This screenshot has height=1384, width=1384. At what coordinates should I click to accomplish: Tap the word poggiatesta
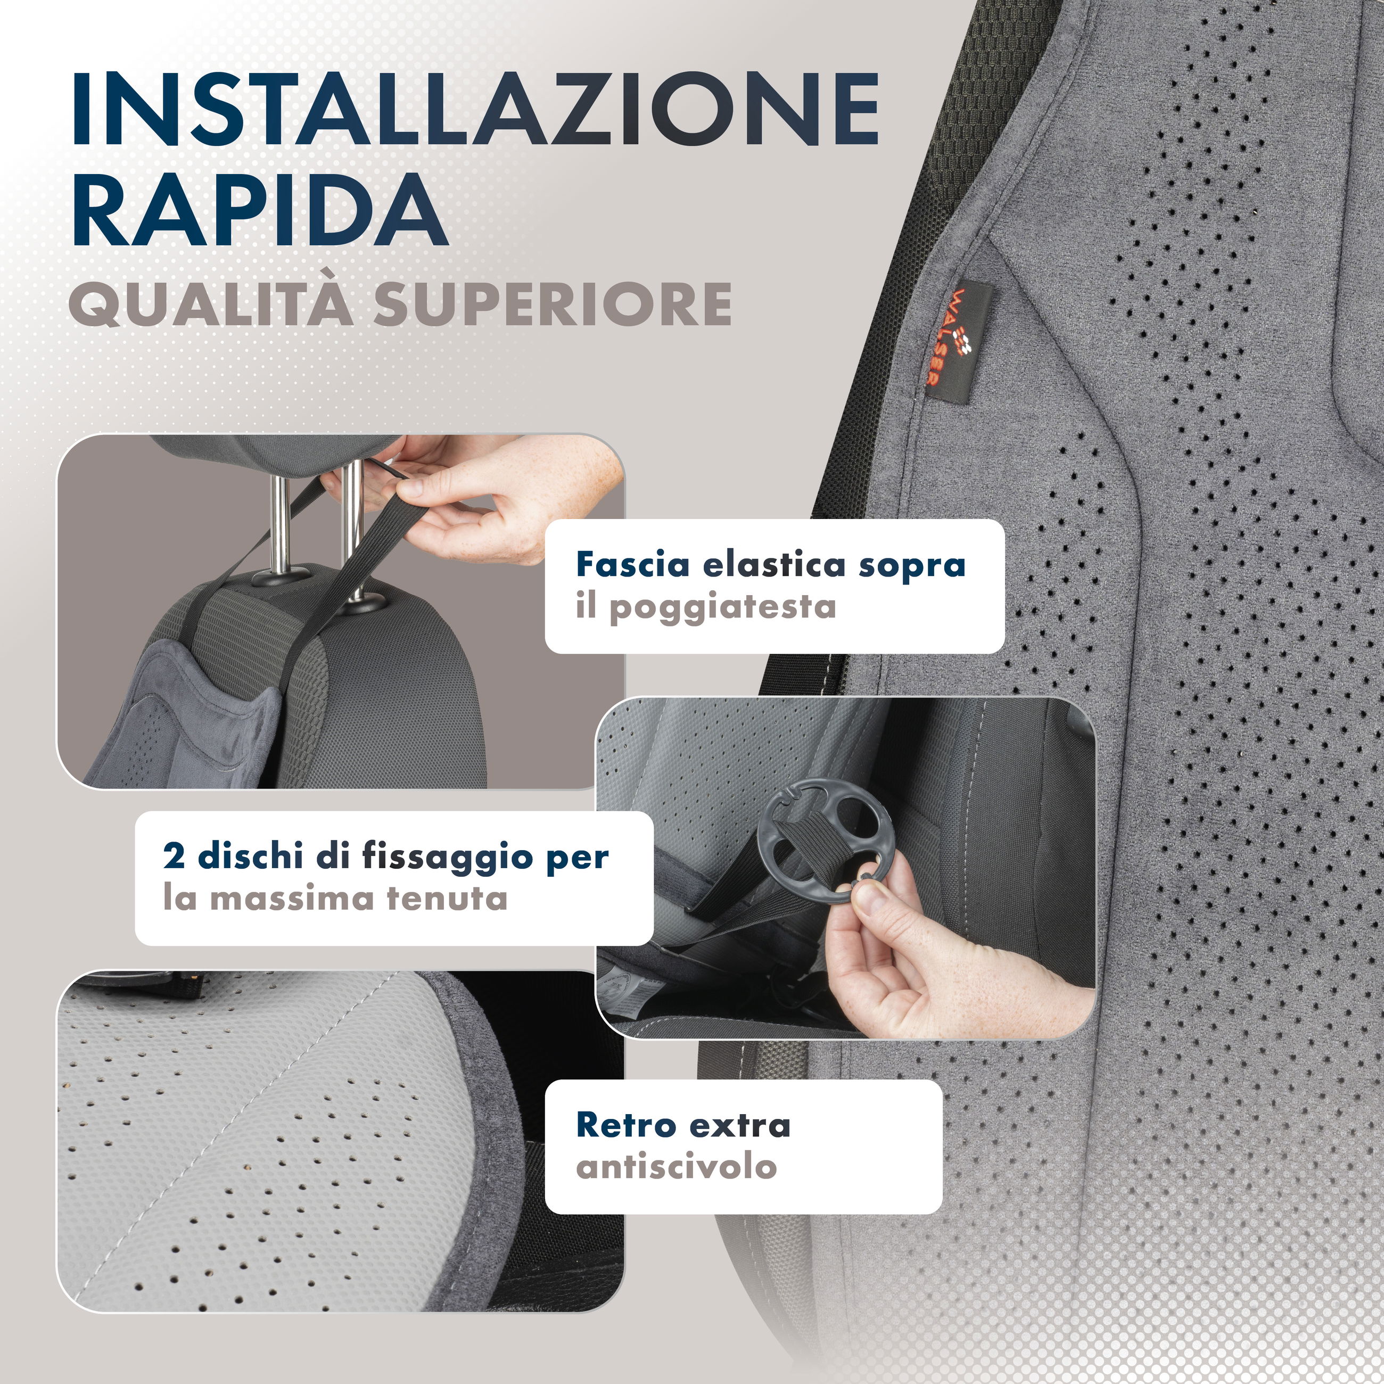(722, 607)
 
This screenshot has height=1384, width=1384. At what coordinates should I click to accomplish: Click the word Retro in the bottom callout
(626, 1125)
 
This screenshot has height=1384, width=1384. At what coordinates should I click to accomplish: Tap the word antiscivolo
(676, 1167)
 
